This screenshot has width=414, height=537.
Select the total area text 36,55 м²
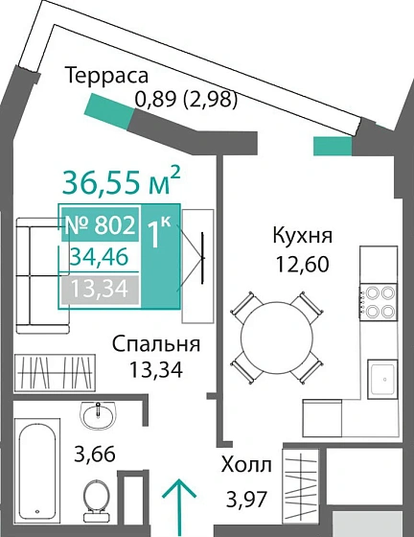pos(122,180)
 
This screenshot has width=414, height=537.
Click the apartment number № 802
pos(100,226)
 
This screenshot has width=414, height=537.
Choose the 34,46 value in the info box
pos(100,257)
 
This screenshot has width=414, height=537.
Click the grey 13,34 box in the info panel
pos(100,289)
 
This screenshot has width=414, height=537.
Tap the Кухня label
pos(302,236)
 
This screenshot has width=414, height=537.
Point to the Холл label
pos(247,465)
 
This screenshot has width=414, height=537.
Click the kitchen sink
pos(378,378)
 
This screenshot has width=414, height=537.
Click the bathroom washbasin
pos(96,414)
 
